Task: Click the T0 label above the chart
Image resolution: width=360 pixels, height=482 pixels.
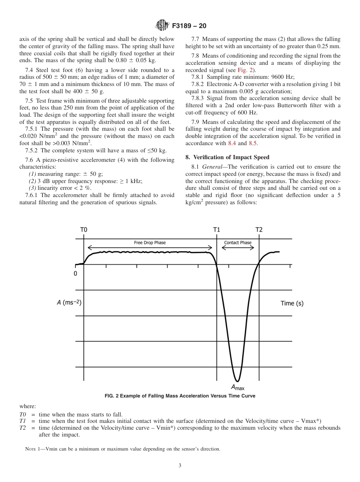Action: pyautogui.click(x=84, y=230)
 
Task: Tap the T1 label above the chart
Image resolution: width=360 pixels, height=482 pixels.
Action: pyautogui.click(x=216, y=230)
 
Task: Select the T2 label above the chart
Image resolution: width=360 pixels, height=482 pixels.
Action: pyautogui.click(x=259, y=230)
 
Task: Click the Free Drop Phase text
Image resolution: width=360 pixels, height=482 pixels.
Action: pyautogui.click(x=150, y=243)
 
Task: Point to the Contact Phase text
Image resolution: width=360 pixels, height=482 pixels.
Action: pyautogui.click(x=238, y=243)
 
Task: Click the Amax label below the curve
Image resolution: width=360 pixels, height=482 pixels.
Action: pyautogui.click(x=238, y=387)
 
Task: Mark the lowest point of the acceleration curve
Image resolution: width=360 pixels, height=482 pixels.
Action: pyautogui.click(x=237, y=381)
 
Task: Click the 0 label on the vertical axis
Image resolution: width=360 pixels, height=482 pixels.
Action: pyautogui.click(x=75, y=273)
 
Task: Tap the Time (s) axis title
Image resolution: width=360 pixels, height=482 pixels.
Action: pyautogui.click(x=292, y=303)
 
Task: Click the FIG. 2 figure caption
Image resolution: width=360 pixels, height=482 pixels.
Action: pyautogui.click(x=180, y=396)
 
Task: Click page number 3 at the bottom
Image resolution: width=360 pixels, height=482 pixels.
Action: pyautogui.click(x=180, y=465)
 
